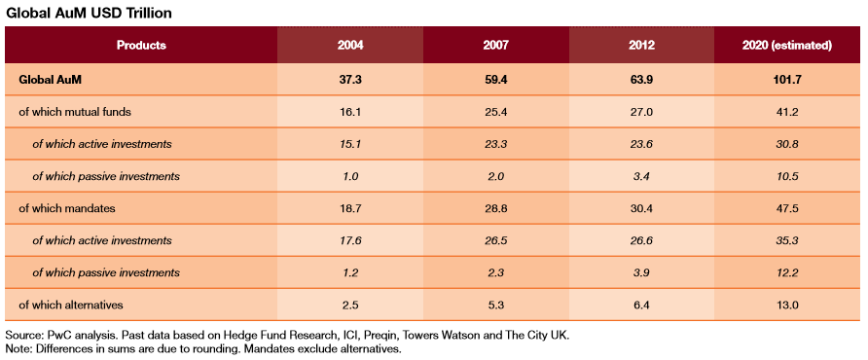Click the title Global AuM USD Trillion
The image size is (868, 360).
pos(89,14)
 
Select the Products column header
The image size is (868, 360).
pos(141,46)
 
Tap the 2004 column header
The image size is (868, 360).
pos(350,46)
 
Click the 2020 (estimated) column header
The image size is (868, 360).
pos(786,46)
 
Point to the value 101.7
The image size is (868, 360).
pos(786,80)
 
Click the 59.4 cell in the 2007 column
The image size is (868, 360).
pos(496,80)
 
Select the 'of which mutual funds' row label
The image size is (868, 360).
pos(75,112)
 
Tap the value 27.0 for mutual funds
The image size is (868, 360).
pos(641,112)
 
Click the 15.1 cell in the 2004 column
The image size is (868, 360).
pos(350,144)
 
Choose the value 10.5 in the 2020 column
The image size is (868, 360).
pos(786,176)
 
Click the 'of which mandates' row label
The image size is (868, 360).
pos(65,208)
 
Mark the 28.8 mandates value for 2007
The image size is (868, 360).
pos(496,208)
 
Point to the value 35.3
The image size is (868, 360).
pos(786,240)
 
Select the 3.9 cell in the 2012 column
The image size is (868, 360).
pos(641,272)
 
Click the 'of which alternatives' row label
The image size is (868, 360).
pos(70,305)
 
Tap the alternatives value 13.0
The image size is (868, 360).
pos(786,305)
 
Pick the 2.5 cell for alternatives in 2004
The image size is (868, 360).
pos(350,305)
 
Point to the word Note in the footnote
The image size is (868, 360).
pos(18,349)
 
